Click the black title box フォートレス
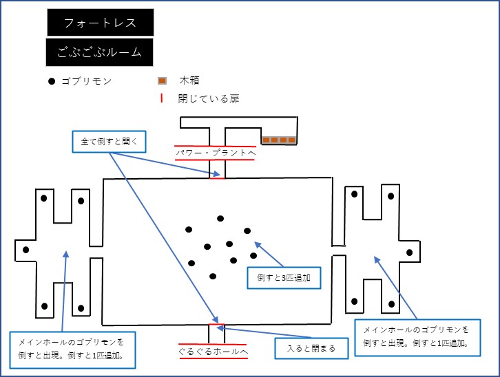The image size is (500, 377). coord(101,22)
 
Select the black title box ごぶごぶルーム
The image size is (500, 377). coord(99,52)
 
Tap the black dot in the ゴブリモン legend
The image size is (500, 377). coord(52,81)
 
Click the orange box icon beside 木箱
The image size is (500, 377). coord(162,81)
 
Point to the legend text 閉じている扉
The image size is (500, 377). coord(209,98)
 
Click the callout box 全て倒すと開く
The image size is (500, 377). coord(109,142)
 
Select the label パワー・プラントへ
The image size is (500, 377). coord(216,153)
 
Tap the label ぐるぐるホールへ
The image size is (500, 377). coord(213,352)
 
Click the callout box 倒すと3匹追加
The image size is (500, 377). coord(284,278)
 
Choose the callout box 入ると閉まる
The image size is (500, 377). coord(311,349)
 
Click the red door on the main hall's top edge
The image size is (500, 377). coord(217,178)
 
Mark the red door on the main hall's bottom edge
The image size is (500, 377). coord(216,325)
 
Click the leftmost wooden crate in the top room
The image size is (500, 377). coord(266,140)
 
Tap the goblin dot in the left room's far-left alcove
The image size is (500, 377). coord(26,250)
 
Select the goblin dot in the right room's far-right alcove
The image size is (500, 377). coord(410,252)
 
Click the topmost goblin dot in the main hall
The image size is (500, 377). coord(220,219)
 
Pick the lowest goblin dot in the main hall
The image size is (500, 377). coord(213,276)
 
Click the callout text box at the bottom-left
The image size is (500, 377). coord(72,350)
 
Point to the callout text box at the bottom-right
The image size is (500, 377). coord(417,338)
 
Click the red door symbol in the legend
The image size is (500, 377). coord(162,98)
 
